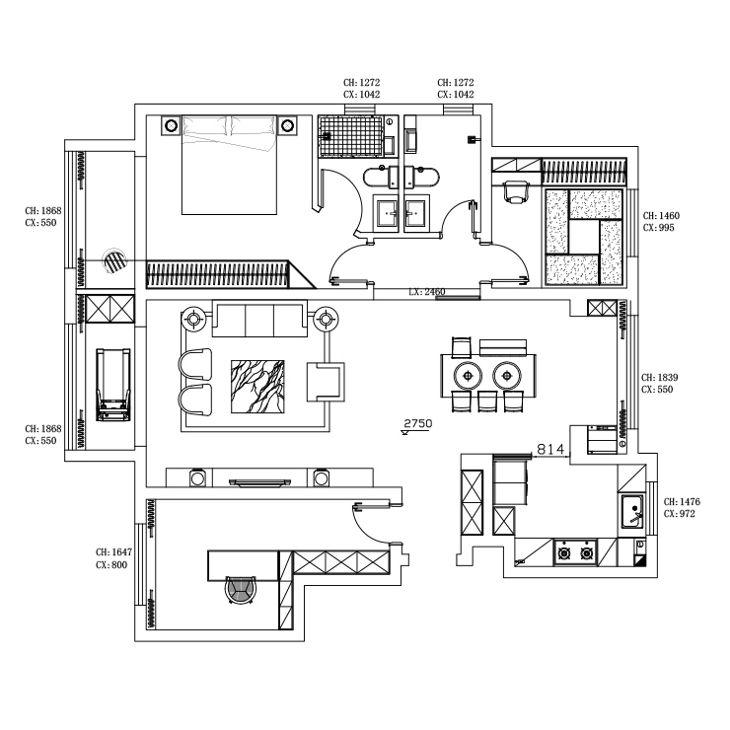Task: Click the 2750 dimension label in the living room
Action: [x=418, y=423]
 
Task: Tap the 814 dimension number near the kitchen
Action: [x=549, y=449]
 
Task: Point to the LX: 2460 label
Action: [x=427, y=293]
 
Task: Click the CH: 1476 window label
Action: [x=682, y=501]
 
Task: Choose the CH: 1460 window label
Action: [x=661, y=215]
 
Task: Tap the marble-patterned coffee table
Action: [x=257, y=386]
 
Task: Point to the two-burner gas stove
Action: [x=575, y=551]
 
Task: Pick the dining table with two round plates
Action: [x=489, y=375]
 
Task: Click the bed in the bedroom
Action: [x=229, y=165]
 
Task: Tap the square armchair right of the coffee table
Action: [x=327, y=381]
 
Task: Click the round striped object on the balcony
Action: [x=115, y=261]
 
